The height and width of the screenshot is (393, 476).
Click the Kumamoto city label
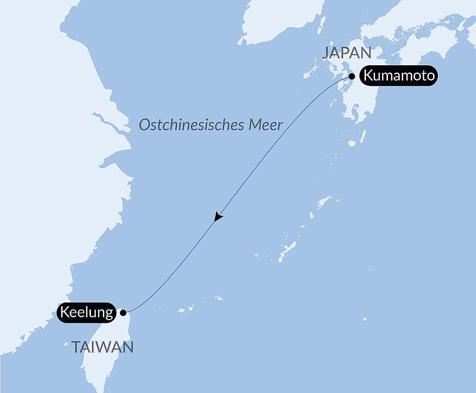(398, 76)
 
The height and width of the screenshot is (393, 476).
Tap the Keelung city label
(86, 313)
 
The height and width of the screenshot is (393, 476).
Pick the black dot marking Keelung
(123, 313)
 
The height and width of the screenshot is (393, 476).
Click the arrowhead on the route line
(218, 217)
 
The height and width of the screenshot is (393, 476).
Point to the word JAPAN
(346, 52)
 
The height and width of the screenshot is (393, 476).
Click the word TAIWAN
(102, 347)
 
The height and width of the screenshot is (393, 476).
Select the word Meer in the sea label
(270, 125)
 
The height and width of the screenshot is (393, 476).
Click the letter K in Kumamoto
(367, 76)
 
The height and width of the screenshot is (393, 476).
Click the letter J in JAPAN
(326, 52)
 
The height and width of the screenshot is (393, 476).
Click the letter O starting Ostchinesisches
(143, 125)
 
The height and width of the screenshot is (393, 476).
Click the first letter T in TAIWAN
(75, 347)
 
